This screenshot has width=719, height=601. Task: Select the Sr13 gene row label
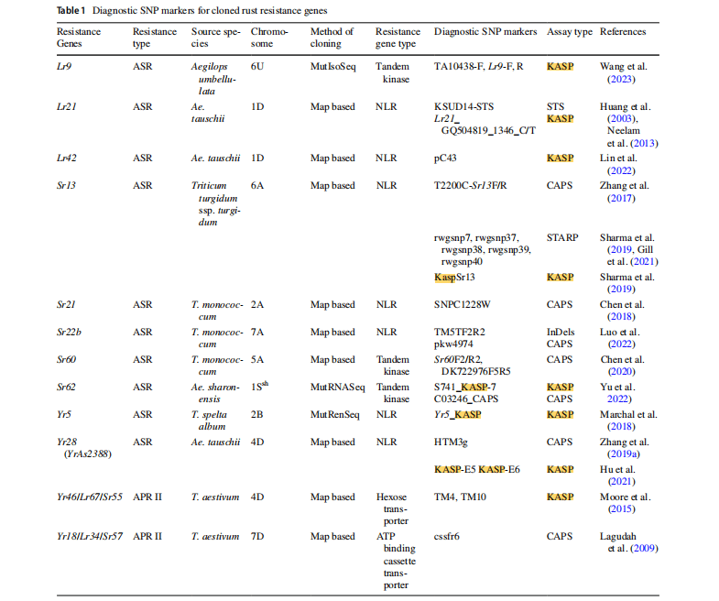pyautogui.click(x=65, y=186)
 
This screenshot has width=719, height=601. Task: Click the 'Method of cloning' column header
pyautogui.click(x=332, y=38)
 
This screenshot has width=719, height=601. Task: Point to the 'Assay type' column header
pyautogui.click(x=569, y=32)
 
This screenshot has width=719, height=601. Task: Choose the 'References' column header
pyautogui.click(x=623, y=32)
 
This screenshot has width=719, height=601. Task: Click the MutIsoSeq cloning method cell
pyautogui.click(x=335, y=67)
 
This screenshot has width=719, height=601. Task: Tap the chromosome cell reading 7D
pyautogui.click(x=257, y=537)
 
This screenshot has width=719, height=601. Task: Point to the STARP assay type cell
pyautogui.click(x=562, y=238)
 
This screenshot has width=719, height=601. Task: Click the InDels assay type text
pyautogui.click(x=561, y=333)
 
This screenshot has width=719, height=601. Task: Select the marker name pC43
pyautogui.click(x=448, y=158)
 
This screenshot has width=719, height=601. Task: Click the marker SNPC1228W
pyautogui.click(x=463, y=305)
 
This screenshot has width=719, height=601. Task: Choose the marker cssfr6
pyautogui.click(x=450, y=537)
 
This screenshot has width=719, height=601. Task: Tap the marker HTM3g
pyautogui.click(x=452, y=443)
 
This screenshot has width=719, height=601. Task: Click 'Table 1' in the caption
pyautogui.click(x=74, y=9)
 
